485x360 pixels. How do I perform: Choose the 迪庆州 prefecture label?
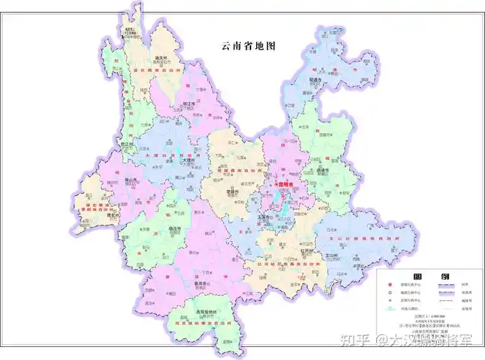coord(161,58)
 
